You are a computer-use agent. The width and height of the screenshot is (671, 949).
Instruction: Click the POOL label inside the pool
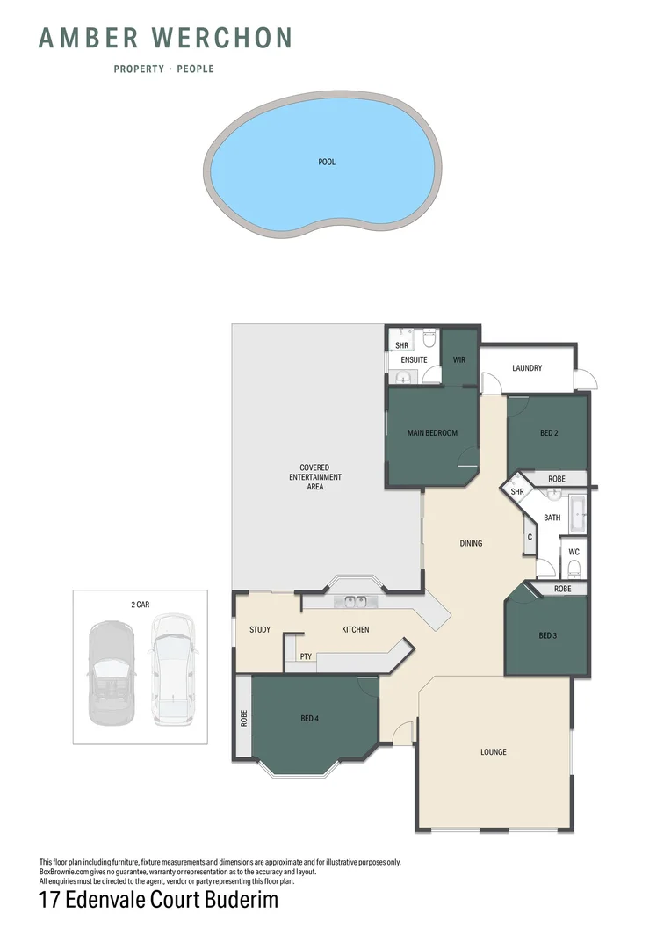pos(327,162)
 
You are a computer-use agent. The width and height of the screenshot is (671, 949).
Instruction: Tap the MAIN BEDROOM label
pos(432,432)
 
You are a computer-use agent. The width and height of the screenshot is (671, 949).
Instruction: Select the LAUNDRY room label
pos(527,368)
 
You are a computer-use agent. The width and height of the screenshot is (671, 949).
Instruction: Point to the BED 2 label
pos(549,432)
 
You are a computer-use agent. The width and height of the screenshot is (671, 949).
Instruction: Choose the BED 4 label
pos(309,719)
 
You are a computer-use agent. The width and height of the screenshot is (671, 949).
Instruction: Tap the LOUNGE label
pos(494,752)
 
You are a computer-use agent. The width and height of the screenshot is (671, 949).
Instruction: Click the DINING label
pos(471,543)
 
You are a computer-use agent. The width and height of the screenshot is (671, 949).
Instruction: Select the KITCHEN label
pos(355,629)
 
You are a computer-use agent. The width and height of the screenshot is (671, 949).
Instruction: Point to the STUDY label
pos(259,629)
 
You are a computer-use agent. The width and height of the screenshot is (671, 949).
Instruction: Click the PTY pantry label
pos(306,656)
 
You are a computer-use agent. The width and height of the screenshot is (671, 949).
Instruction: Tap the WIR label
pos(458,359)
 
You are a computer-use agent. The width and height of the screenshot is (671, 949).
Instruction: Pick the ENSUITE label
pos(414,359)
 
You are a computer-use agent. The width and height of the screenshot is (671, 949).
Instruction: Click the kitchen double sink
pos(356,602)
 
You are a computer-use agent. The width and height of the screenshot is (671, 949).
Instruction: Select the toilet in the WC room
pos(574,568)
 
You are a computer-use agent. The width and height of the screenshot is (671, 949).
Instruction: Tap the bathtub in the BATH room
pos(577,513)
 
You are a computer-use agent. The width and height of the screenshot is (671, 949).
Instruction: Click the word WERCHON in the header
pos(222,38)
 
